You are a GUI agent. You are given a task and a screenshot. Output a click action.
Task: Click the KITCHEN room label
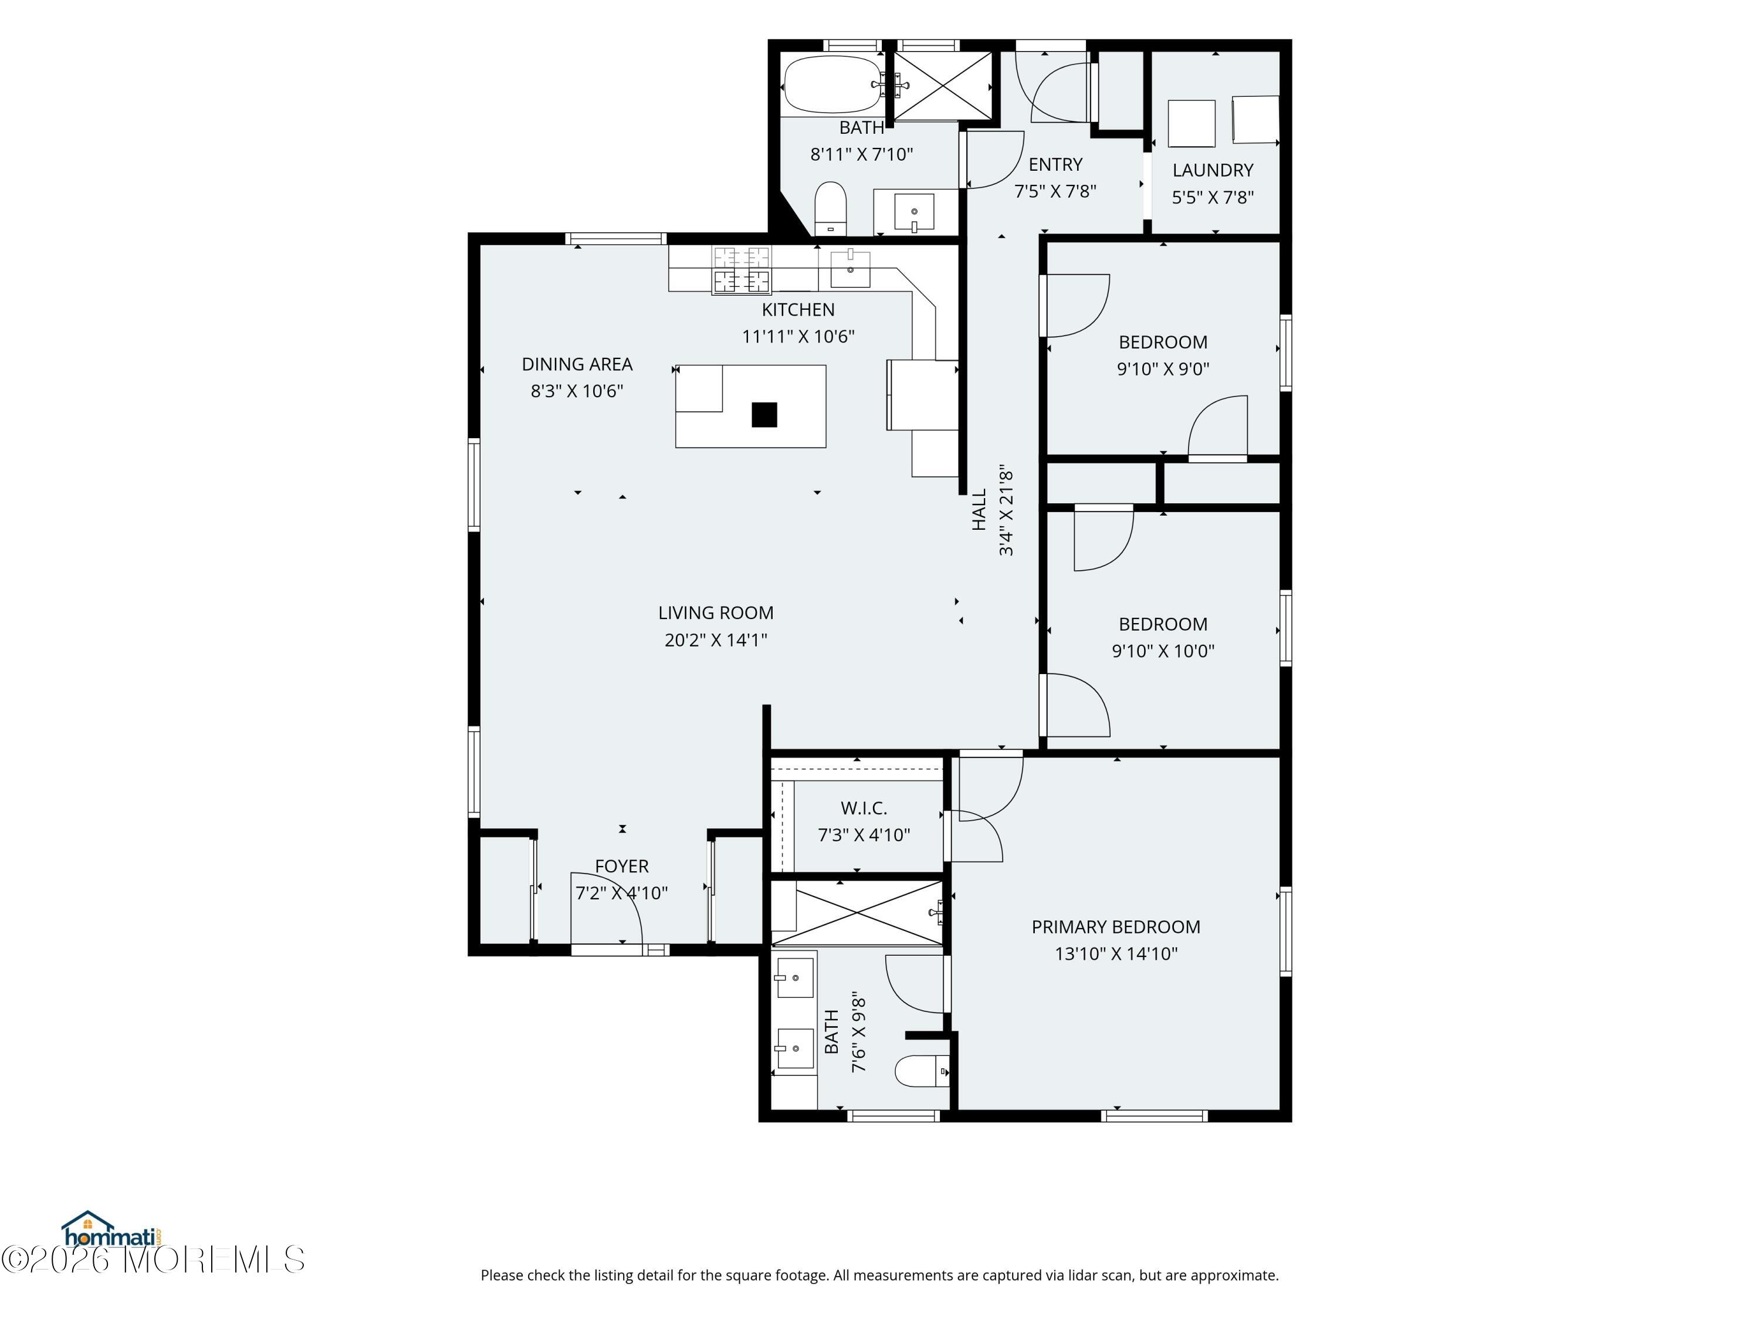tap(798, 310)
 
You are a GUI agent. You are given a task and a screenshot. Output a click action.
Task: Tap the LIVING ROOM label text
tap(715, 612)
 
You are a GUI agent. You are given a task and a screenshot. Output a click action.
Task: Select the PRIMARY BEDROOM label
tap(1115, 927)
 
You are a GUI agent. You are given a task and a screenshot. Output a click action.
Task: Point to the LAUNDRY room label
tap(1213, 170)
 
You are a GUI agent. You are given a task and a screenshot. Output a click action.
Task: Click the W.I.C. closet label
tap(864, 808)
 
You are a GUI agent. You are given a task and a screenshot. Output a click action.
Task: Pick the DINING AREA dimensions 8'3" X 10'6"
tap(577, 391)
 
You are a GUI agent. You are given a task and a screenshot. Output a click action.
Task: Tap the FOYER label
tap(621, 867)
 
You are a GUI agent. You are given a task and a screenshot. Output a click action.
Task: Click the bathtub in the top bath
tap(833, 84)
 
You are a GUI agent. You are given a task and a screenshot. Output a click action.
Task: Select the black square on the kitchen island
tap(764, 415)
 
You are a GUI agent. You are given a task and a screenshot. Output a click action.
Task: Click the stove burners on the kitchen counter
tap(742, 270)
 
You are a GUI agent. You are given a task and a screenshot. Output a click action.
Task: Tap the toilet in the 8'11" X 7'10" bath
tap(831, 208)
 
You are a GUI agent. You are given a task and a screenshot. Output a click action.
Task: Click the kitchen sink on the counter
tap(849, 268)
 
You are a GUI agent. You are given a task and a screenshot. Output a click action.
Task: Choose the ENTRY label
tap(1055, 165)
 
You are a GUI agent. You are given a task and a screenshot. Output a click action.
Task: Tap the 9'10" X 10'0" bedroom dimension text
tap(1162, 651)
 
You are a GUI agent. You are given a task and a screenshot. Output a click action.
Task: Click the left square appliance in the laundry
tap(1191, 123)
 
